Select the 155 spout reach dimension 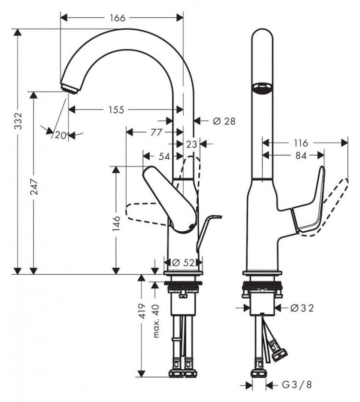pos(116,110)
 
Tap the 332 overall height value pos(18,123)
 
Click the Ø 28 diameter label pos(224,121)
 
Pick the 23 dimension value pos(192,143)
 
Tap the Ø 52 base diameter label pos(183,262)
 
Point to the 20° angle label pos(61,135)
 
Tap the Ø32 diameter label pos(302,308)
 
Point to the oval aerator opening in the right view pos(262,87)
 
